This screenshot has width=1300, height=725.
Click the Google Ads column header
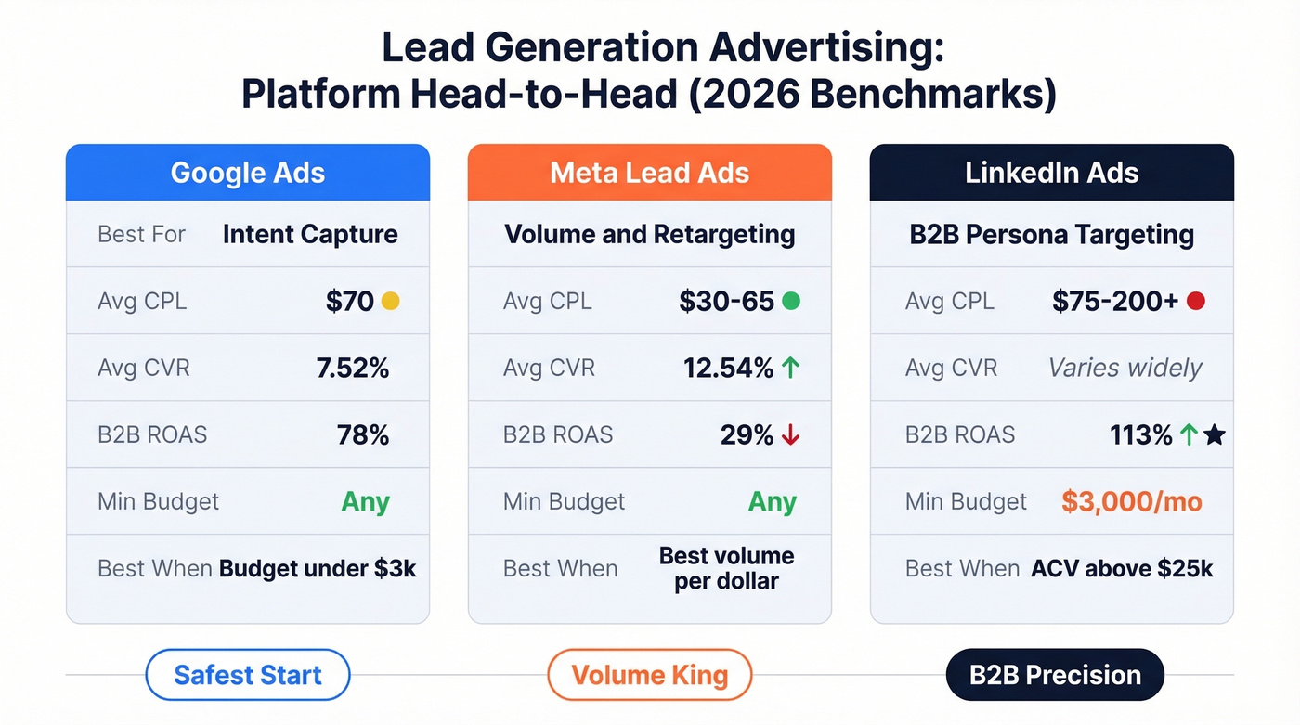(x=248, y=173)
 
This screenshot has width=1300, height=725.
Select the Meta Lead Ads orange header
(x=649, y=173)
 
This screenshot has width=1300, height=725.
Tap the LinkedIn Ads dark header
(x=1051, y=173)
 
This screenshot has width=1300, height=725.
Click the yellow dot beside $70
(x=391, y=301)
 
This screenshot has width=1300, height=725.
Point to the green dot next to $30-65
(x=791, y=301)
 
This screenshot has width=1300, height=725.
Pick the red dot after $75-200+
(x=1196, y=301)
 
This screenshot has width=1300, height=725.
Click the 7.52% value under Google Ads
(x=353, y=368)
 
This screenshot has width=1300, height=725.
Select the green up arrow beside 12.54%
(x=790, y=368)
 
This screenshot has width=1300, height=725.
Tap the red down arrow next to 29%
(x=790, y=434)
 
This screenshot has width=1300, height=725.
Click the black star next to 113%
(x=1214, y=434)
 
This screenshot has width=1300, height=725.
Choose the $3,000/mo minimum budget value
(x=1131, y=502)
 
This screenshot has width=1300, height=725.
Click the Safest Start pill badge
(x=248, y=675)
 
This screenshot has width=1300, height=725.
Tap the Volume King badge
(x=649, y=675)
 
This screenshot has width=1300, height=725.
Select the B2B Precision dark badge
(x=1055, y=675)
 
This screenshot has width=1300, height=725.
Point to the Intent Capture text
(x=310, y=234)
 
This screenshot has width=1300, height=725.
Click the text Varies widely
(x=1124, y=368)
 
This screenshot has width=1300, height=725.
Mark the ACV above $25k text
(x=1122, y=568)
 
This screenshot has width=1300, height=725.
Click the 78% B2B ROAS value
(x=363, y=434)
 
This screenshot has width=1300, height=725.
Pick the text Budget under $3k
(x=318, y=568)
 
